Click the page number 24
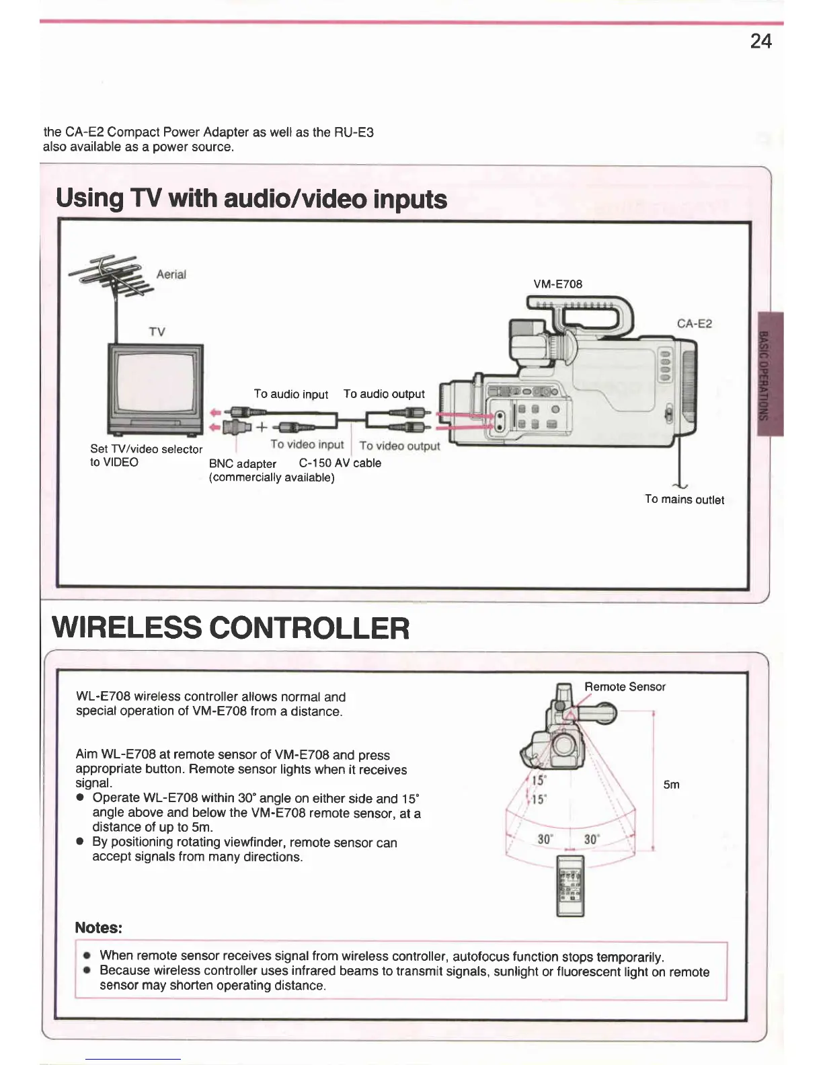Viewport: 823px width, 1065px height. (x=760, y=42)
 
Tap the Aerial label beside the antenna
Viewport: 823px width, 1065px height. (x=171, y=274)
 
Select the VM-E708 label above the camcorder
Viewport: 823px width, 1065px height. (x=557, y=284)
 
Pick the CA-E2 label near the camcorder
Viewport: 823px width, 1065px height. (x=695, y=323)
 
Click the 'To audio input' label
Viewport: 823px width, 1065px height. (x=290, y=394)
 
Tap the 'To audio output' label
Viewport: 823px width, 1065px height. (x=384, y=394)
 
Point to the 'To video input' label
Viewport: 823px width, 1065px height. (x=307, y=444)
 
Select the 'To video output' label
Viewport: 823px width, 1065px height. (x=399, y=446)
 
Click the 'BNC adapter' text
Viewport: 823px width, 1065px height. (x=242, y=463)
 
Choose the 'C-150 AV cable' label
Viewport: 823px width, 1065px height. (x=340, y=463)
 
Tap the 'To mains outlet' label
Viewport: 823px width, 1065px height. (x=684, y=500)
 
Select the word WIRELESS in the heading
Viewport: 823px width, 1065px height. (x=126, y=628)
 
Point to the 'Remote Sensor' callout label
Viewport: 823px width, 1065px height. (x=625, y=686)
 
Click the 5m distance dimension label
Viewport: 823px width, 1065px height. (x=671, y=785)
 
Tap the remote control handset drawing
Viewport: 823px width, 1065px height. (x=571, y=885)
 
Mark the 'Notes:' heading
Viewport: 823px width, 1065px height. (x=98, y=928)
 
